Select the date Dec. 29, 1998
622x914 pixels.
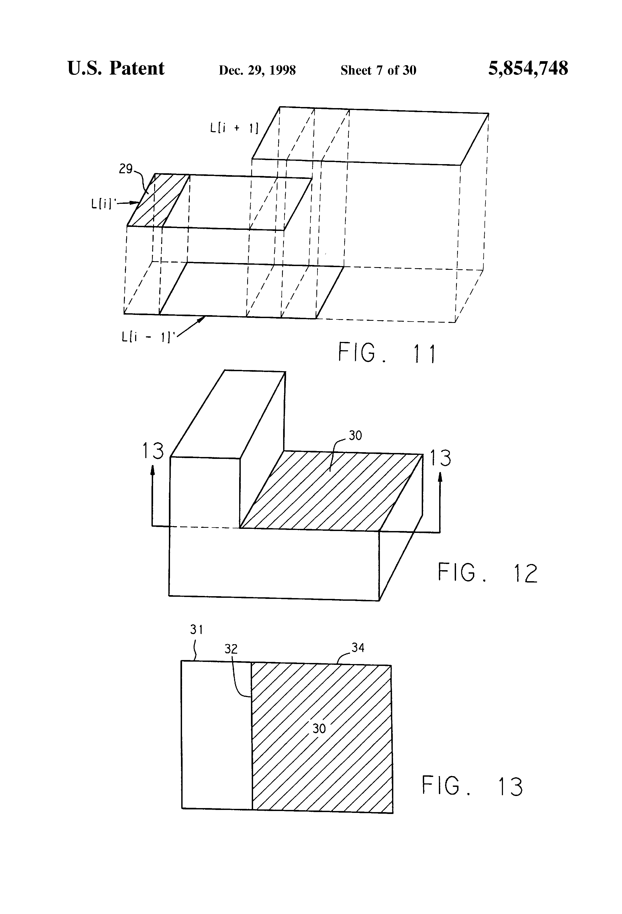(x=257, y=70)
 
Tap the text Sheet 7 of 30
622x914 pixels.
(x=378, y=70)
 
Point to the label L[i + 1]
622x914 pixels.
(x=234, y=128)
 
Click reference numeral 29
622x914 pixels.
(x=126, y=169)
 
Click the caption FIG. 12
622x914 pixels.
(x=487, y=573)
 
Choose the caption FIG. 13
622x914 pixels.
(x=472, y=786)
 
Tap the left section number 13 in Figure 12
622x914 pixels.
(x=153, y=450)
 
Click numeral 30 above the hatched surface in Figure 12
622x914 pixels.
(x=355, y=435)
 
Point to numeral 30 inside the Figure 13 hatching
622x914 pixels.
(x=319, y=729)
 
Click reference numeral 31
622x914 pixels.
(x=196, y=630)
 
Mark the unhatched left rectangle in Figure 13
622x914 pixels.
(x=216, y=734)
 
